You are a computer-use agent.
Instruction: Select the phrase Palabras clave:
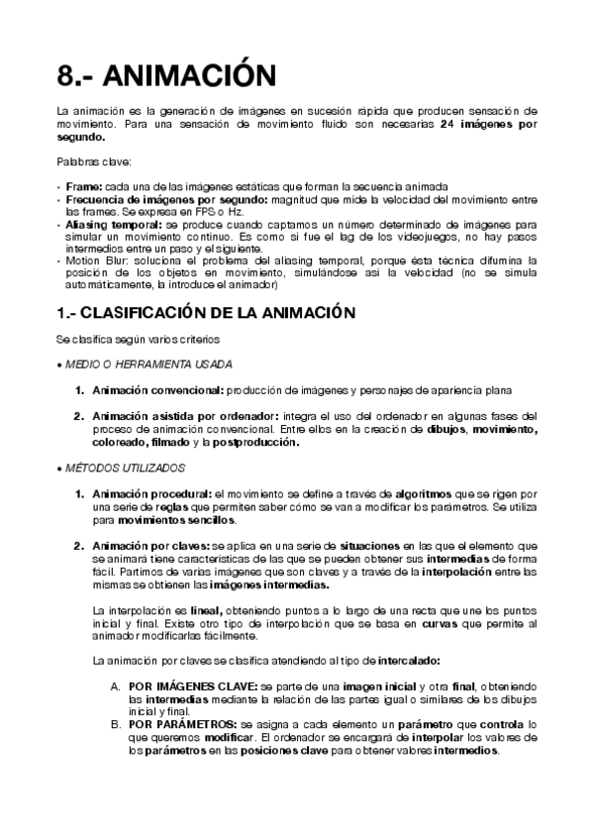(87, 161)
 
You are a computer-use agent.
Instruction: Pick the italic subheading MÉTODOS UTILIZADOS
(124, 468)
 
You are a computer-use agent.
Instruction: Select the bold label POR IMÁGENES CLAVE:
(193, 685)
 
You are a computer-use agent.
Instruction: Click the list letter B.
(115, 724)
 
